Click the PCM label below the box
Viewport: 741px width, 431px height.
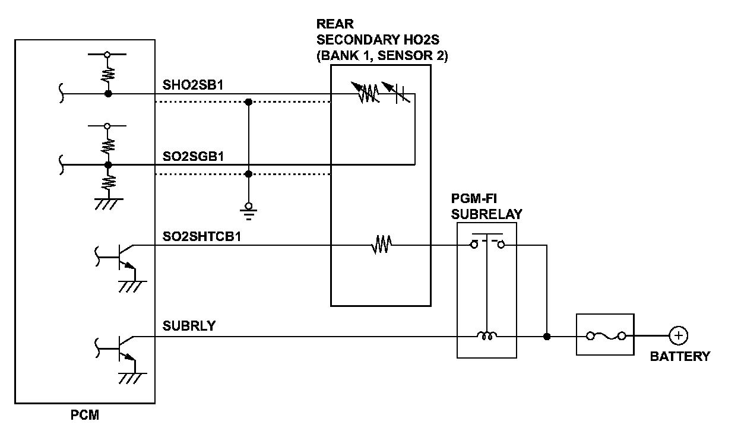(85, 415)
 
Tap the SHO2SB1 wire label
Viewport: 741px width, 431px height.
(193, 85)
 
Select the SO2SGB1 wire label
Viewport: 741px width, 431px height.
(193, 156)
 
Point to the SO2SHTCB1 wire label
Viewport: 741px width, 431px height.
(201, 236)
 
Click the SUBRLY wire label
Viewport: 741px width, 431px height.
(189, 326)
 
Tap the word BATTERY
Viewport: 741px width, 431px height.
(680, 356)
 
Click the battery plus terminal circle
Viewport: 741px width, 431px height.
(679, 336)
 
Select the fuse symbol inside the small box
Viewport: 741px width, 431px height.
(606, 336)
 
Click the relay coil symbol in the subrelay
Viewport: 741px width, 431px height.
(487, 335)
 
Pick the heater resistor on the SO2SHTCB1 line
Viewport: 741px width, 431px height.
(382, 245)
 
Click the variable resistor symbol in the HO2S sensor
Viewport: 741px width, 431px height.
(366, 92)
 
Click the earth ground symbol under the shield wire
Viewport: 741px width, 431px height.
(248, 212)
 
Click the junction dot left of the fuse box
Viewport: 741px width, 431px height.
(547, 337)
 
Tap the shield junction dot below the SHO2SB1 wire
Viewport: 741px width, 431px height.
(248, 102)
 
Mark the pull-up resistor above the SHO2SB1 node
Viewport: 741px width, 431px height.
(108, 74)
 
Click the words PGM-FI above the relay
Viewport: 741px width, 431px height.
(474, 198)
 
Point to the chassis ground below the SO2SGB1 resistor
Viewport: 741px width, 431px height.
(109, 204)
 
